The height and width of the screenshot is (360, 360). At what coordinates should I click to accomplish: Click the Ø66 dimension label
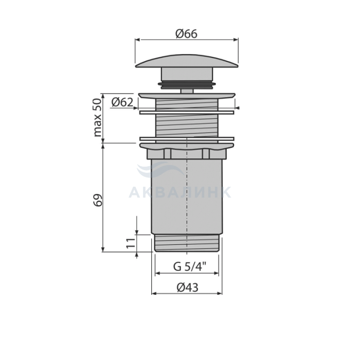pyautogui.click(x=186, y=34)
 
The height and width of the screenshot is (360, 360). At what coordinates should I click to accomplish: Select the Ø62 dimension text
pyautogui.click(x=122, y=102)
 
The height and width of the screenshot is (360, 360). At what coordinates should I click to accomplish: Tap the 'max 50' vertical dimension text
pyautogui.click(x=97, y=117)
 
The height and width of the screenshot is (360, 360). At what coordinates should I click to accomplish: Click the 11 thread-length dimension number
pyautogui.click(x=131, y=243)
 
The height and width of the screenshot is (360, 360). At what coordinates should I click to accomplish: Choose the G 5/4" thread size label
pyautogui.click(x=190, y=266)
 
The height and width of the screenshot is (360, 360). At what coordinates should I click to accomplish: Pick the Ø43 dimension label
pyautogui.click(x=187, y=287)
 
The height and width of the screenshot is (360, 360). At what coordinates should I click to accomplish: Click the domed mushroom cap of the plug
pyautogui.click(x=187, y=61)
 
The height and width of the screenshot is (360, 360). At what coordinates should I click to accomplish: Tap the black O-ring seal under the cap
pyautogui.click(x=187, y=84)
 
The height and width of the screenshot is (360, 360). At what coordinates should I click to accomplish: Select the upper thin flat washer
pyautogui.click(x=187, y=112)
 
